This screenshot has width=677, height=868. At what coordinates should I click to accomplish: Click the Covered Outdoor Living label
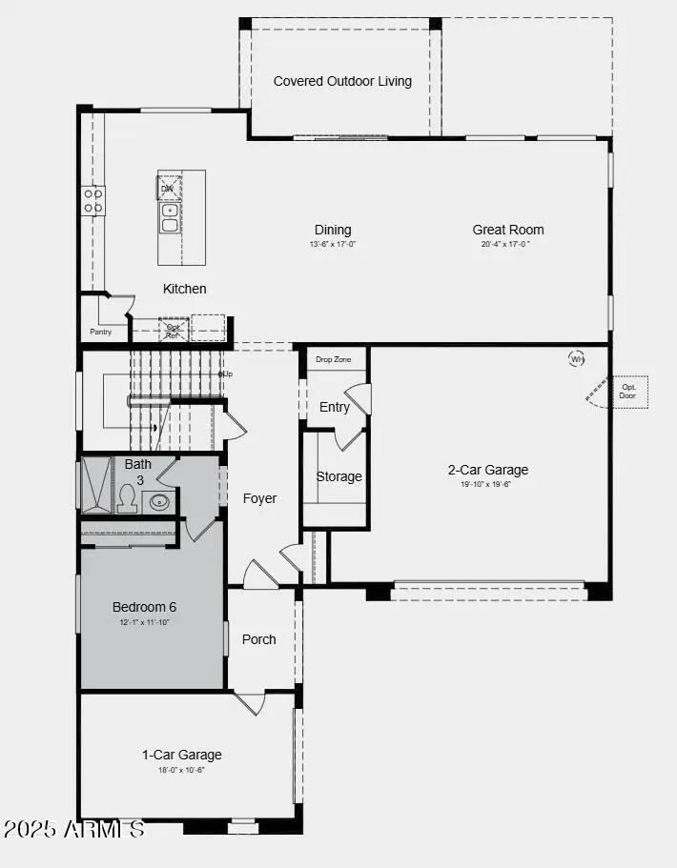pyautogui.click(x=342, y=81)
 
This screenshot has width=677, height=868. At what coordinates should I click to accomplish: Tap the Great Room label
pyautogui.click(x=507, y=230)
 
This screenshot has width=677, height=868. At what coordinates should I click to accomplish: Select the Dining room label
pyautogui.click(x=333, y=230)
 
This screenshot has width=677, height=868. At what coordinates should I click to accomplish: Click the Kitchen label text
pyautogui.click(x=184, y=289)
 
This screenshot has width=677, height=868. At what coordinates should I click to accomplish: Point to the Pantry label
pyautogui.click(x=100, y=333)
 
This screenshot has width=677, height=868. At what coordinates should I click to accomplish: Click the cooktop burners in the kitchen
pyautogui.click(x=93, y=200)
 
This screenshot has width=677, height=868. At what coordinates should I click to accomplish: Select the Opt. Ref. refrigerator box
pyautogui.click(x=173, y=331)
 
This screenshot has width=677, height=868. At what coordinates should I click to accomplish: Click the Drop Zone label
pyautogui.click(x=334, y=359)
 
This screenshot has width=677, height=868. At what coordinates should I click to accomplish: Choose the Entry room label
pyautogui.click(x=334, y=407)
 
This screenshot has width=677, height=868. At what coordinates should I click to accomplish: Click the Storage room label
pyautogui.click(x=338, y=476)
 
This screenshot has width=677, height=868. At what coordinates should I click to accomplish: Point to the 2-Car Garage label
pyautogui.click(x=487, y=470)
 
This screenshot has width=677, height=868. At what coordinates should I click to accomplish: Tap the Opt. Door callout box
pyautogui.click(x=627, y=392)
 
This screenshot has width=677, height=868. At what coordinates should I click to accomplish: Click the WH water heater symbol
pyautogui.click(x=577, y=359)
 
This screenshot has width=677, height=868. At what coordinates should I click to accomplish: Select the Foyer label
pyautogui.click(x=259, y=498)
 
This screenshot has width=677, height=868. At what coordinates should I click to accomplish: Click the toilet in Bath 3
pyautogui.click(x=127, y=498)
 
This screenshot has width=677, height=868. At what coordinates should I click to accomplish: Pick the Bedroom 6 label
pyautogui.click(x=144, y=607)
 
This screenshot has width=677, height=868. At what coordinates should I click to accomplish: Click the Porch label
pyautogui.click(x=258, y=639)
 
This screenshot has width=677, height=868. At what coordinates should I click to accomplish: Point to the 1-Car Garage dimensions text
pyautogui.click(x=181, y=770)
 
